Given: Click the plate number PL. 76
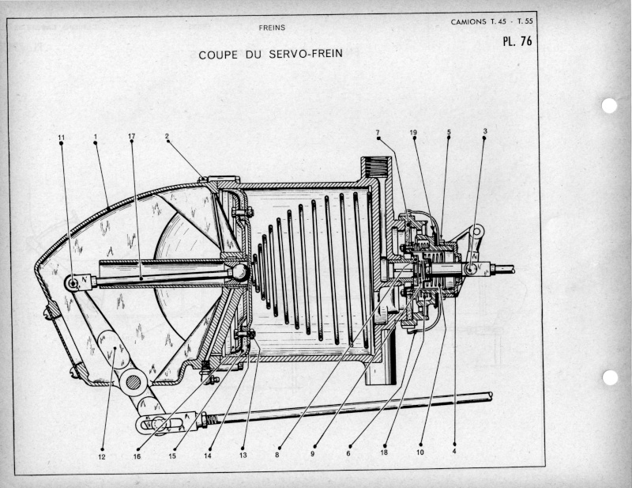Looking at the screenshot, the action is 517,41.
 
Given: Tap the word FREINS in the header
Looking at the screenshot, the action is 272,28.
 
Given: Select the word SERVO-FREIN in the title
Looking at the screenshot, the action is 306,54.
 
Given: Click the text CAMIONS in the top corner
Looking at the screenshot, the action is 468,22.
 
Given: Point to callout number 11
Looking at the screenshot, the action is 62,138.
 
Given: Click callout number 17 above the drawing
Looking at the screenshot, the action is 131,136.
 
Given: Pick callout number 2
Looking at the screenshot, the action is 167,136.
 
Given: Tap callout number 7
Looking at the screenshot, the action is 378,132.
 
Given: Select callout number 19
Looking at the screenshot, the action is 413,132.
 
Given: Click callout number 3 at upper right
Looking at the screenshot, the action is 485,131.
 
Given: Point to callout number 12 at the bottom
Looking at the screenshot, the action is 102,456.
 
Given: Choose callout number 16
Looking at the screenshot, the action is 137,456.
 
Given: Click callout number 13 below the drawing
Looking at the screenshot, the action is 243,456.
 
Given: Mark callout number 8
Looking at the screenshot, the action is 277,455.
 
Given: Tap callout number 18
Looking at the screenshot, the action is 384,452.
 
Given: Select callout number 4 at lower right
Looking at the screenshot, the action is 454,452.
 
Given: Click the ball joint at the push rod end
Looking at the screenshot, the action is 241,272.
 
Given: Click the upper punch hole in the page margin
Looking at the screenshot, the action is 609,106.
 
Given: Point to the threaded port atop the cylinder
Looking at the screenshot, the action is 377,168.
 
